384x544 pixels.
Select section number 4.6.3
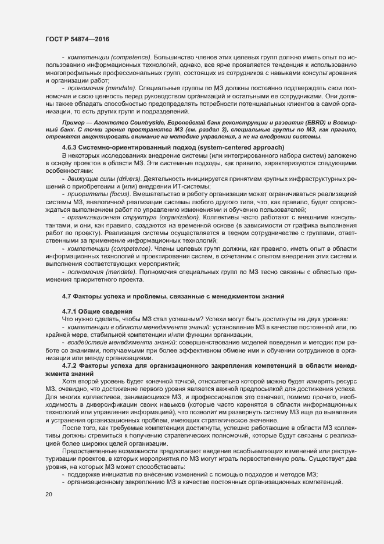(x=71, y=148)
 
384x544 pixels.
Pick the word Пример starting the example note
(x=74, y=123)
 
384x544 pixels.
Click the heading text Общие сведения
(x=105, y=311)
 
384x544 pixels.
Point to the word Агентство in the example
(x=105, y=123)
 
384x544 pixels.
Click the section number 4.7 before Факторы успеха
(x=67, y=296)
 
